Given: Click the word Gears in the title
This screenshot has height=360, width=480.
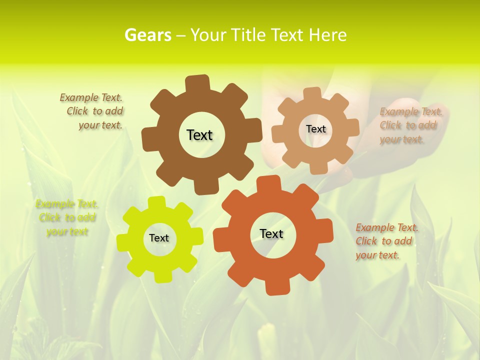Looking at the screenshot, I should click(147, 35).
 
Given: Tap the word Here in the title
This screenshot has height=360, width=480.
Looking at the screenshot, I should click(327, 35).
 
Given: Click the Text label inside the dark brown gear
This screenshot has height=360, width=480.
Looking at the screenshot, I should click(199, 135).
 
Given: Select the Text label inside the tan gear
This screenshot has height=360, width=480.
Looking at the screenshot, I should click(315, 129).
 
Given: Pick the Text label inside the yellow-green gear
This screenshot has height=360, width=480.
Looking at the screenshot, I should click(159, 238).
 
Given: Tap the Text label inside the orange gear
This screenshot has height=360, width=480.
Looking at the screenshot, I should click(271, 233).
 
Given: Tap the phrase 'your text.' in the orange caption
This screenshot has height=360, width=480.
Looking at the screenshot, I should click(377, 255).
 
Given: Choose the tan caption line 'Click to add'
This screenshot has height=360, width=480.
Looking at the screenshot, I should click(408, 125).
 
